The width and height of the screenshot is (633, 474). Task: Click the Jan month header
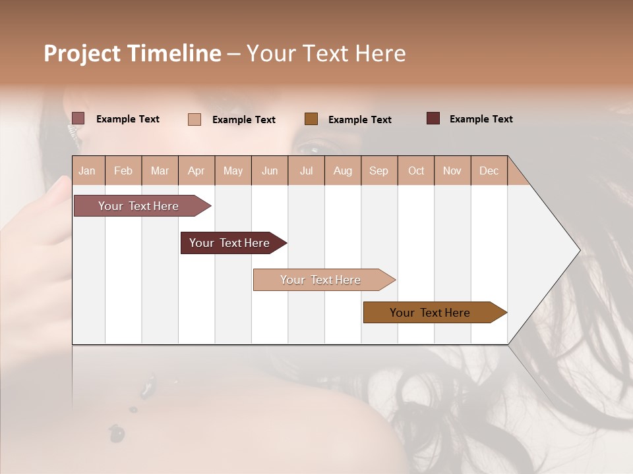[x=87, y=171]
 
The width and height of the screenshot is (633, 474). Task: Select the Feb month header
[x=123, y=171]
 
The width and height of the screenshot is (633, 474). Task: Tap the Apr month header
[x=196, y=171]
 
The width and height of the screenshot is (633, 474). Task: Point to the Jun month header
[x=270, y=171]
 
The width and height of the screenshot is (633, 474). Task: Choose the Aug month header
[x=342, y=171]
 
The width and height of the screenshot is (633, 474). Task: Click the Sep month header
[x=378, y=171]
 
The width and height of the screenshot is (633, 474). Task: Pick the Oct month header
[x=416, y=171]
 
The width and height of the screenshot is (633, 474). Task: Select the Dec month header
[x=489, y=171]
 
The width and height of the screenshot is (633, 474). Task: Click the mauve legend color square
[x=78, y=118]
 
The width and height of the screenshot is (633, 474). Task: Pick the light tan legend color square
[x=195, y=119]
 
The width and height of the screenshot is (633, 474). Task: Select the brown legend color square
[x=311, y=118]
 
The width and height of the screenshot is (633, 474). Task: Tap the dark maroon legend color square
[x=433, y=118]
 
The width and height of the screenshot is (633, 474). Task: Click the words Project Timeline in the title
[x=133, y=53]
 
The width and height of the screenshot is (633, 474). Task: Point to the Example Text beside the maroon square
[x=481, y=119]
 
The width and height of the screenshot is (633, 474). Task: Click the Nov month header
[x=452, y=171]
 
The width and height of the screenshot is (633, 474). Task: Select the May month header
[x=233, y=171]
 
